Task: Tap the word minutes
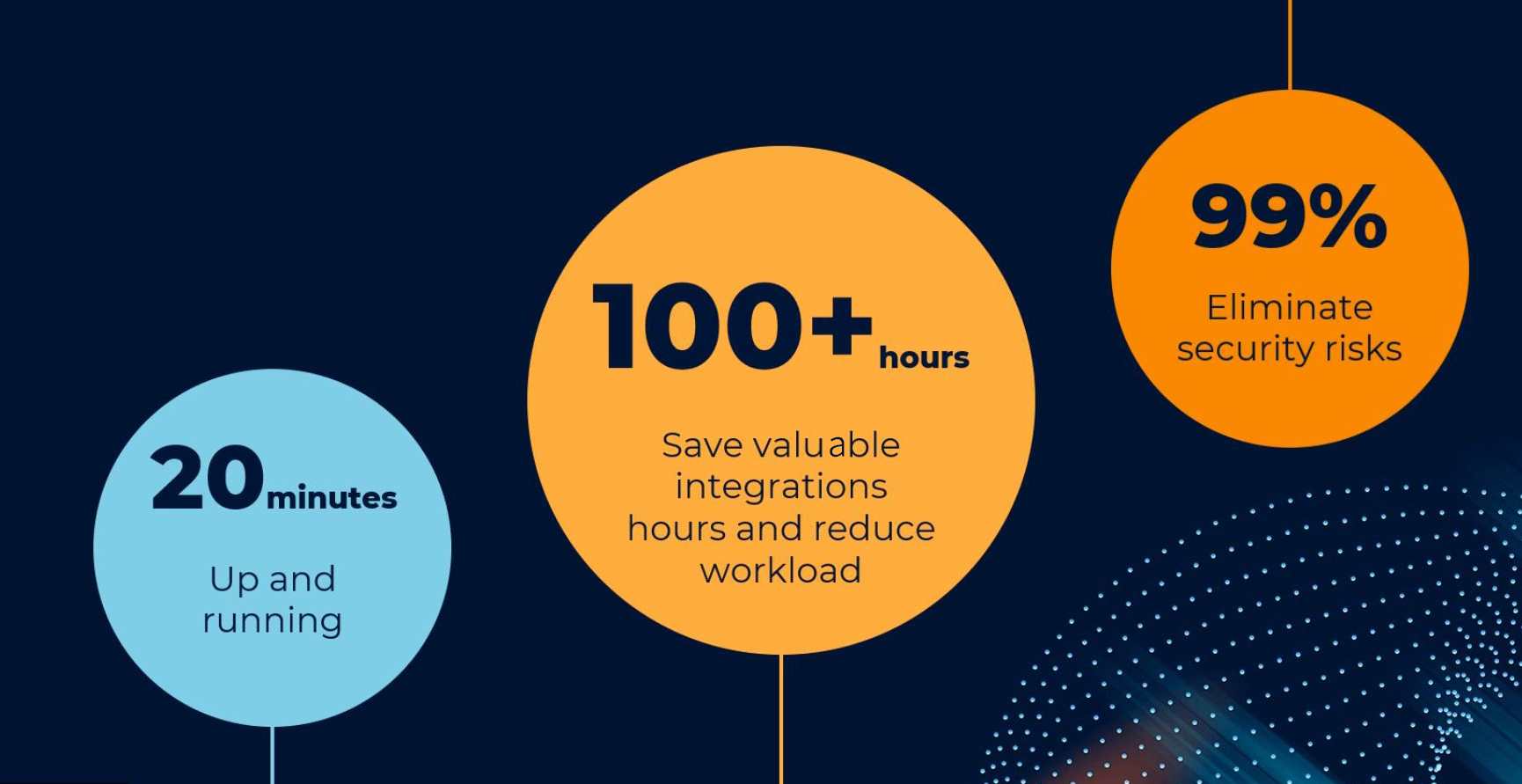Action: point(332,498)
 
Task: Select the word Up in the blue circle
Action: point(235,580)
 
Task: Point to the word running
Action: point(273,621)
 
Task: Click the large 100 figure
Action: point(697,326)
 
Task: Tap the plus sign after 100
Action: point(841,325)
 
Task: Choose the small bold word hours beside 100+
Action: point(924,357)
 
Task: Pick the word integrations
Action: point(781,487)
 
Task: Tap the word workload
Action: point(780,571)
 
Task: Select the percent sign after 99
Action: point(1347,216)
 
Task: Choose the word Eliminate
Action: point(1290,308)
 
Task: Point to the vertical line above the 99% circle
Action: point(1290,45)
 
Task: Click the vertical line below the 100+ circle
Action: point(781,719)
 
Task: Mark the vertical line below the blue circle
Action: point(273,755)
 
